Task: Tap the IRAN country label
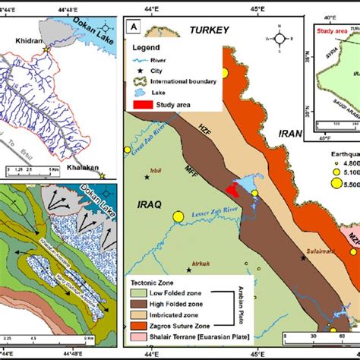pos(291,133)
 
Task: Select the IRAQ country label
pos(148,206)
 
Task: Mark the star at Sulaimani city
pos(303,258)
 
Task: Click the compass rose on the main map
pos(280,37)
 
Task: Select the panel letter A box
pos(134,29)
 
